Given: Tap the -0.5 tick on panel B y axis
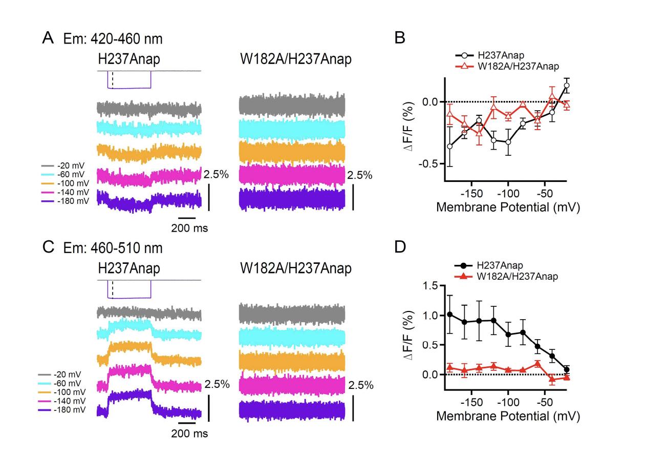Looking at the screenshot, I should coord(429,164).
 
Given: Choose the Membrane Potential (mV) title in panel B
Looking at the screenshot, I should coord(508,208).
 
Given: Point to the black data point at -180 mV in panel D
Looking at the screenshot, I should coord(450,315).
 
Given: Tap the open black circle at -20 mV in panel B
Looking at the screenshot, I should coord(567,86).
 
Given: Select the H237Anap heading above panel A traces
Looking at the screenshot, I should coord(129,59).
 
